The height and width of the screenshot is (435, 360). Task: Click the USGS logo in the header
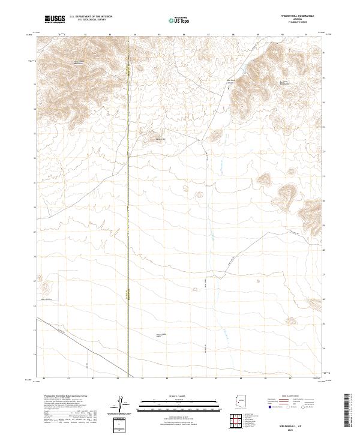pos(55,19)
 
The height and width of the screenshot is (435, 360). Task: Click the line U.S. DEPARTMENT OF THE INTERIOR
pos(91,17)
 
